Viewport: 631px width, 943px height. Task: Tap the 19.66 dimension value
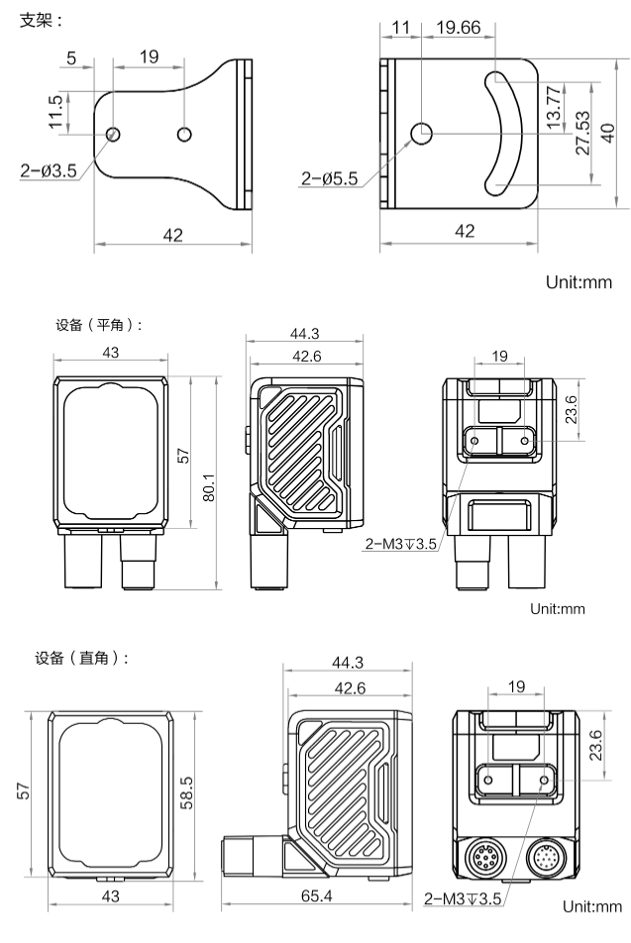[458, 28]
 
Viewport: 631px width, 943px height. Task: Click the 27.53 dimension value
[581, 131]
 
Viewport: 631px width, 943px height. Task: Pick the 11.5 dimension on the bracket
[56, 112]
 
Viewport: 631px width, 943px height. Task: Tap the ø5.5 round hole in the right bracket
[422, 132]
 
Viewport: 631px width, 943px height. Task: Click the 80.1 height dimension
[209, 483]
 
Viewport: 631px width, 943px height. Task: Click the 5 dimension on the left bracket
[72, 58]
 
